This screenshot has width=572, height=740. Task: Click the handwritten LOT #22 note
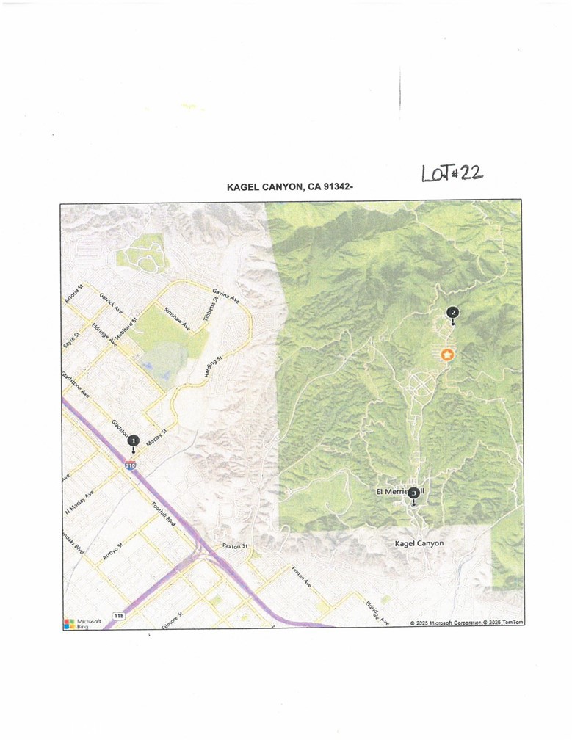click(452, 173)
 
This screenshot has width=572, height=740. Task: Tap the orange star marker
click(446, 355)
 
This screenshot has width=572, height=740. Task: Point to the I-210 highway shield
click(131, 465)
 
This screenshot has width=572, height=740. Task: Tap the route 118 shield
click(118, 614)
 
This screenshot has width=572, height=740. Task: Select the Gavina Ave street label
click(225, 295)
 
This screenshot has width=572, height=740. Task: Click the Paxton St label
click(236, 546)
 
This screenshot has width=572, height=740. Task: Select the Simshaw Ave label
click(176, 319)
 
